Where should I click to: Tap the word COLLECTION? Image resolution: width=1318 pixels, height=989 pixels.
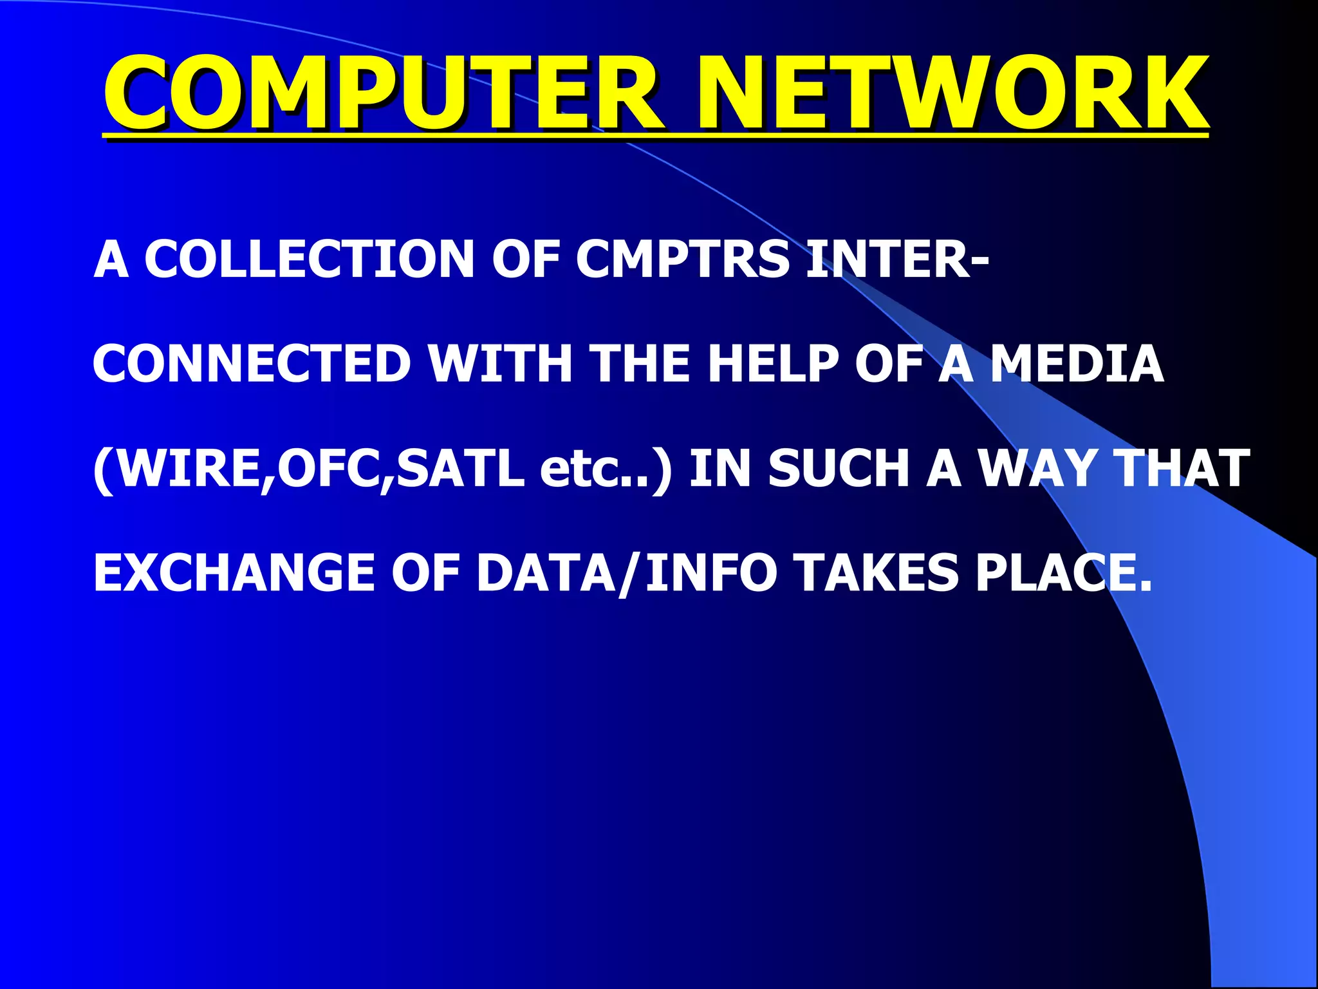[x=309, y=259]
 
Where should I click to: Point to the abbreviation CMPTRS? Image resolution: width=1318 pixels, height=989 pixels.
[x=683, y=259]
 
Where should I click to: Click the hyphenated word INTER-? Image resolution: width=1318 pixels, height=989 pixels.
[x=898, y=259]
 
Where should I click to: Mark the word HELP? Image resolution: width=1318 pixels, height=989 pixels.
[x=773, y=364]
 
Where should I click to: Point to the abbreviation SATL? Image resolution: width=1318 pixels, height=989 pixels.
[x=459, y=468]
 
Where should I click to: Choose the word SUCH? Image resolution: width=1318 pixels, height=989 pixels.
[x=839, y=468]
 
